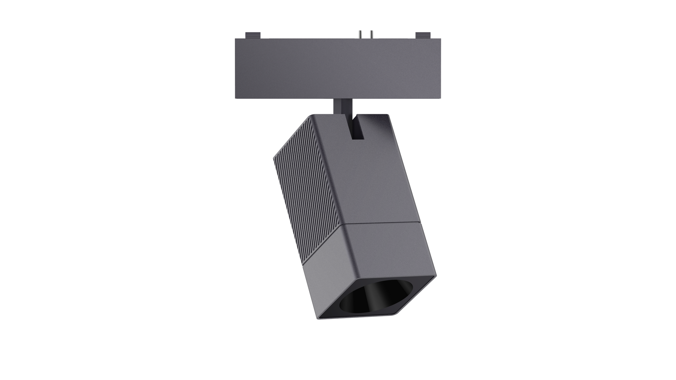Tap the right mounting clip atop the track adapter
(x=423, y=34)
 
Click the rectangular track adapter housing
(x=338, y=68)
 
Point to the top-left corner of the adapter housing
(x=235, y=38)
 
